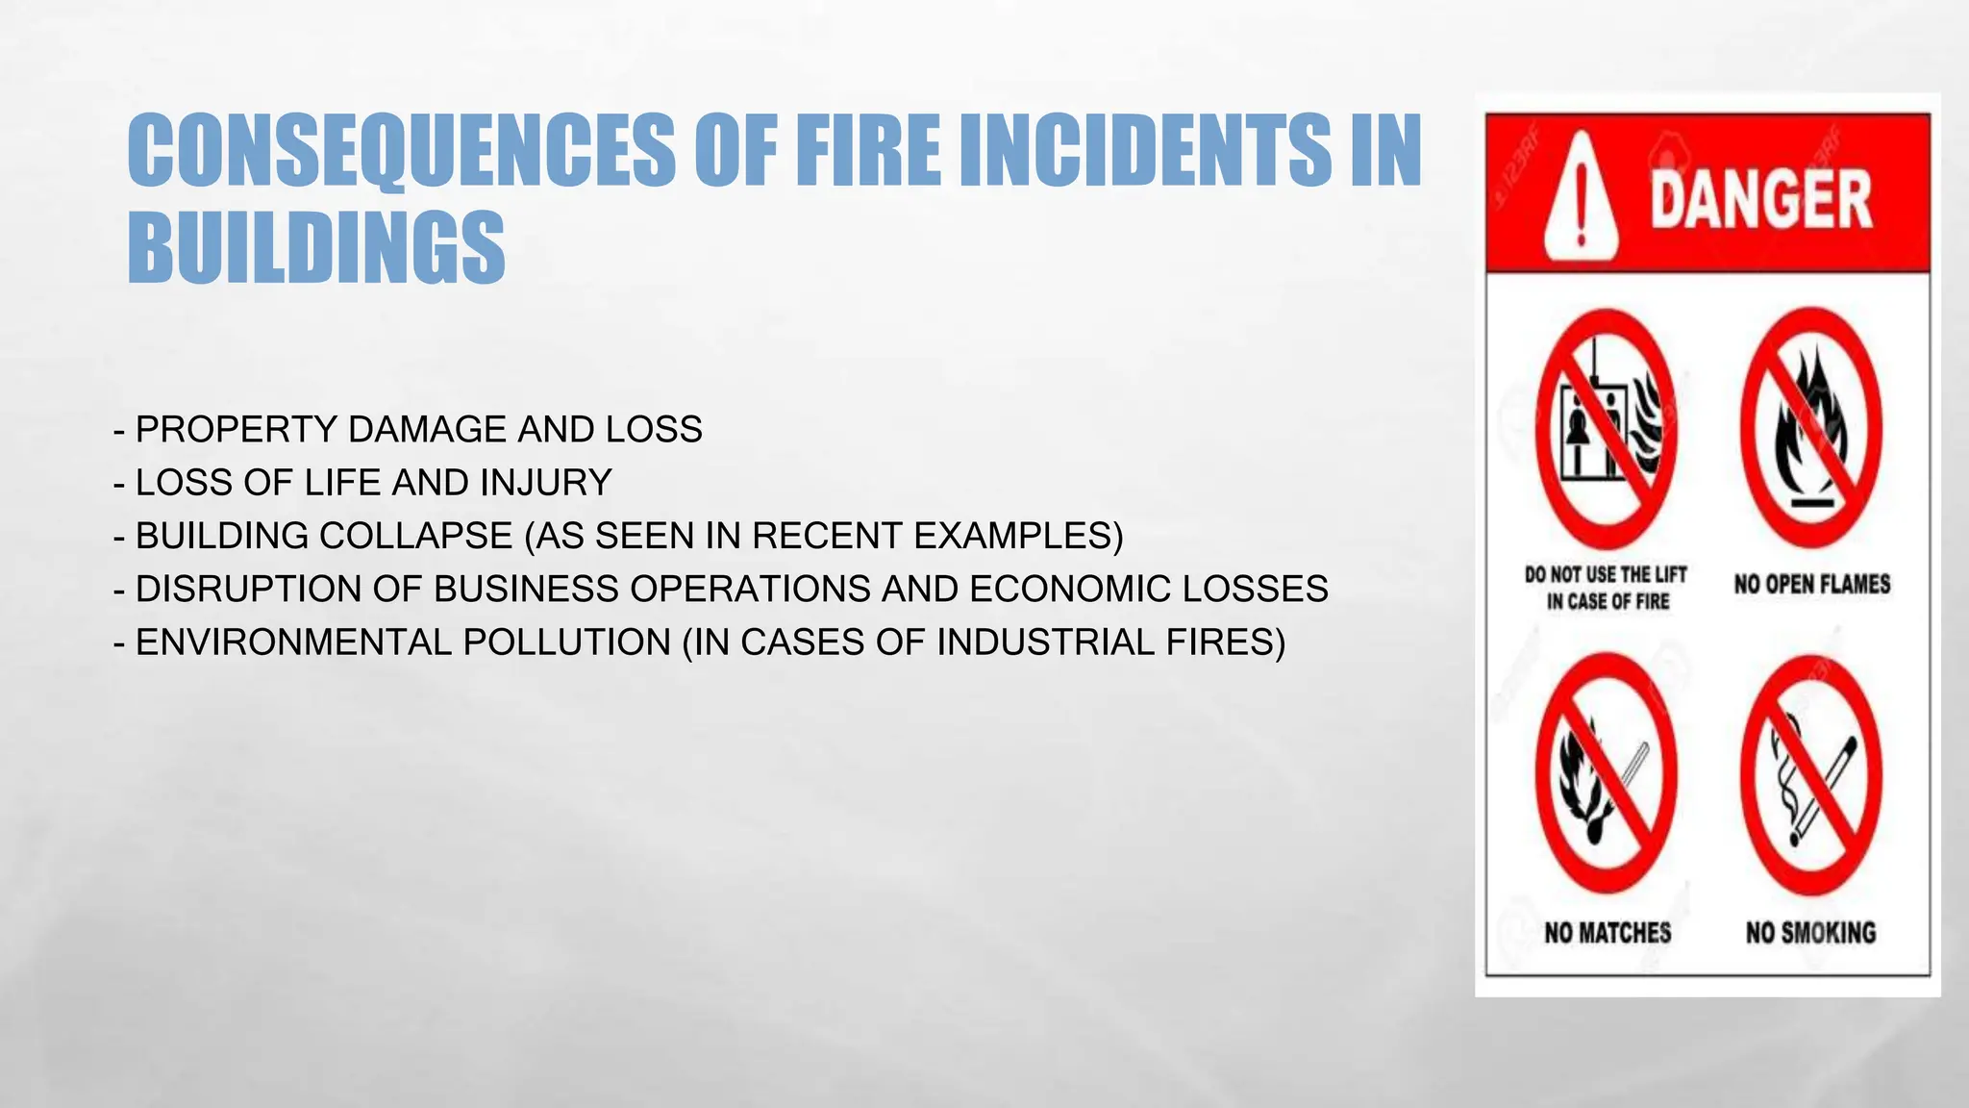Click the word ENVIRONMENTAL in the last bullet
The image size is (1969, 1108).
(x=293, y=642)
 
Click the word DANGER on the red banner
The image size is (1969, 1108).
(x=1761, y=200)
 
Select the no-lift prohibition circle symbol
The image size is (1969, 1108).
(x=1606, y=429)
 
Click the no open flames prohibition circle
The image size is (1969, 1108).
(x=1810, y=429)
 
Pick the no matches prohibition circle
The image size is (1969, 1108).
(x=1606, y=774)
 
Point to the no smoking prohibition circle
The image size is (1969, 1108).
(x=1810, y=774)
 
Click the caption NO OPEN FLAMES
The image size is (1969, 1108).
(x=1812, y=584)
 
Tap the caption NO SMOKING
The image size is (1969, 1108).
(x=1810, y=932)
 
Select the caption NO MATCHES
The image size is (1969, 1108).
(x=1608, y=932)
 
